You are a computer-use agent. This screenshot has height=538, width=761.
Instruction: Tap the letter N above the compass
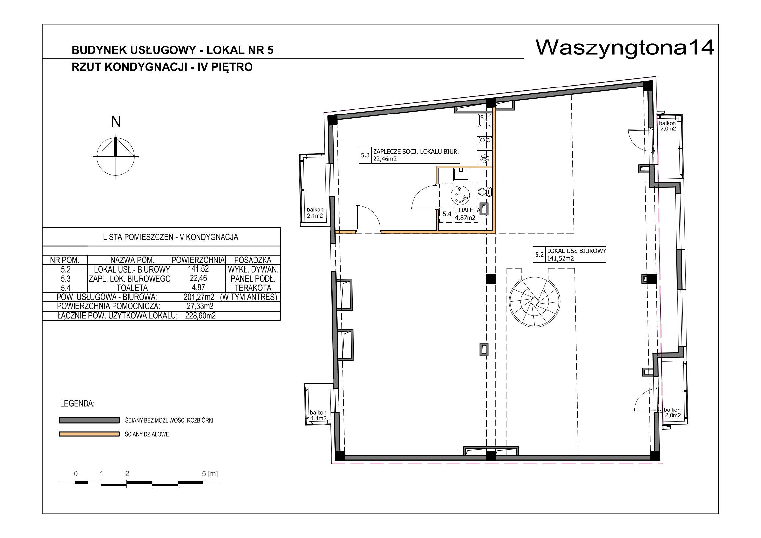116,122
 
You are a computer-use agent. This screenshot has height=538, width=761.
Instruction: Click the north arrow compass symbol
116,156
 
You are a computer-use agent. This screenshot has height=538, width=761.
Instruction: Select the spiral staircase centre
534,301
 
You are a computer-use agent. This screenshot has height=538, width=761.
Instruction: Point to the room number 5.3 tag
365,155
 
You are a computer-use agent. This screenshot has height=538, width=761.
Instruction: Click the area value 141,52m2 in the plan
560,258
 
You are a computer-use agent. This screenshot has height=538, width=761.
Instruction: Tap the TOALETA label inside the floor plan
467,210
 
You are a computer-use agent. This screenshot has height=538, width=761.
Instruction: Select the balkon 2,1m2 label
315,213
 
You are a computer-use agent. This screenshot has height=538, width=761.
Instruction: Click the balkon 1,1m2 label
318,415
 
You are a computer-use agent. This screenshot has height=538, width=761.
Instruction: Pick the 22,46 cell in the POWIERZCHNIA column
198,278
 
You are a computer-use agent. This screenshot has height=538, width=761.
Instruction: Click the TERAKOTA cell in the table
253,288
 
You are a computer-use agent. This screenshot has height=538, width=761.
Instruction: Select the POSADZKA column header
253,260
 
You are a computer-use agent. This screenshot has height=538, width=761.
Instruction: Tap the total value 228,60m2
200,316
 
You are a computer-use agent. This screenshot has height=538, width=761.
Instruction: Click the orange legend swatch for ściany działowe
89,434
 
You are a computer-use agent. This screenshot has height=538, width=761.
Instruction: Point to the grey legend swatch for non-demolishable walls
89,420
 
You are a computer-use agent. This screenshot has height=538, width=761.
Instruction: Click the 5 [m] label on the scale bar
210,474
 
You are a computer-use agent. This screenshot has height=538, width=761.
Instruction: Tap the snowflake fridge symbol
485,158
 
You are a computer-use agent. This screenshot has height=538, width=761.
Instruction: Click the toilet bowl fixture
485,192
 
